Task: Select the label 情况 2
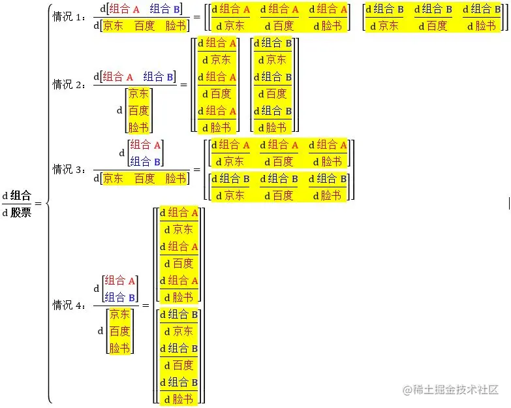(69, 84)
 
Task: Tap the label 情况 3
(69, 169)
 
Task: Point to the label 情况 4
(69, 305)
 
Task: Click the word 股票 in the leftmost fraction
(21, 212)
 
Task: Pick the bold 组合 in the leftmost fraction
(21, 196)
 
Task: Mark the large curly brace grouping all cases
(48, 203)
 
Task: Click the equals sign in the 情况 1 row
(196, 18)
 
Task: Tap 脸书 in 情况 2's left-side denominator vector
(138, 127)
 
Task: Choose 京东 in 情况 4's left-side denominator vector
(119, 314)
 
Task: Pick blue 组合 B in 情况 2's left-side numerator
(159, 76)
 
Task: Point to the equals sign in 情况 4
(146, 306)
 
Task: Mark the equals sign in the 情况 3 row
(196, 169)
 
